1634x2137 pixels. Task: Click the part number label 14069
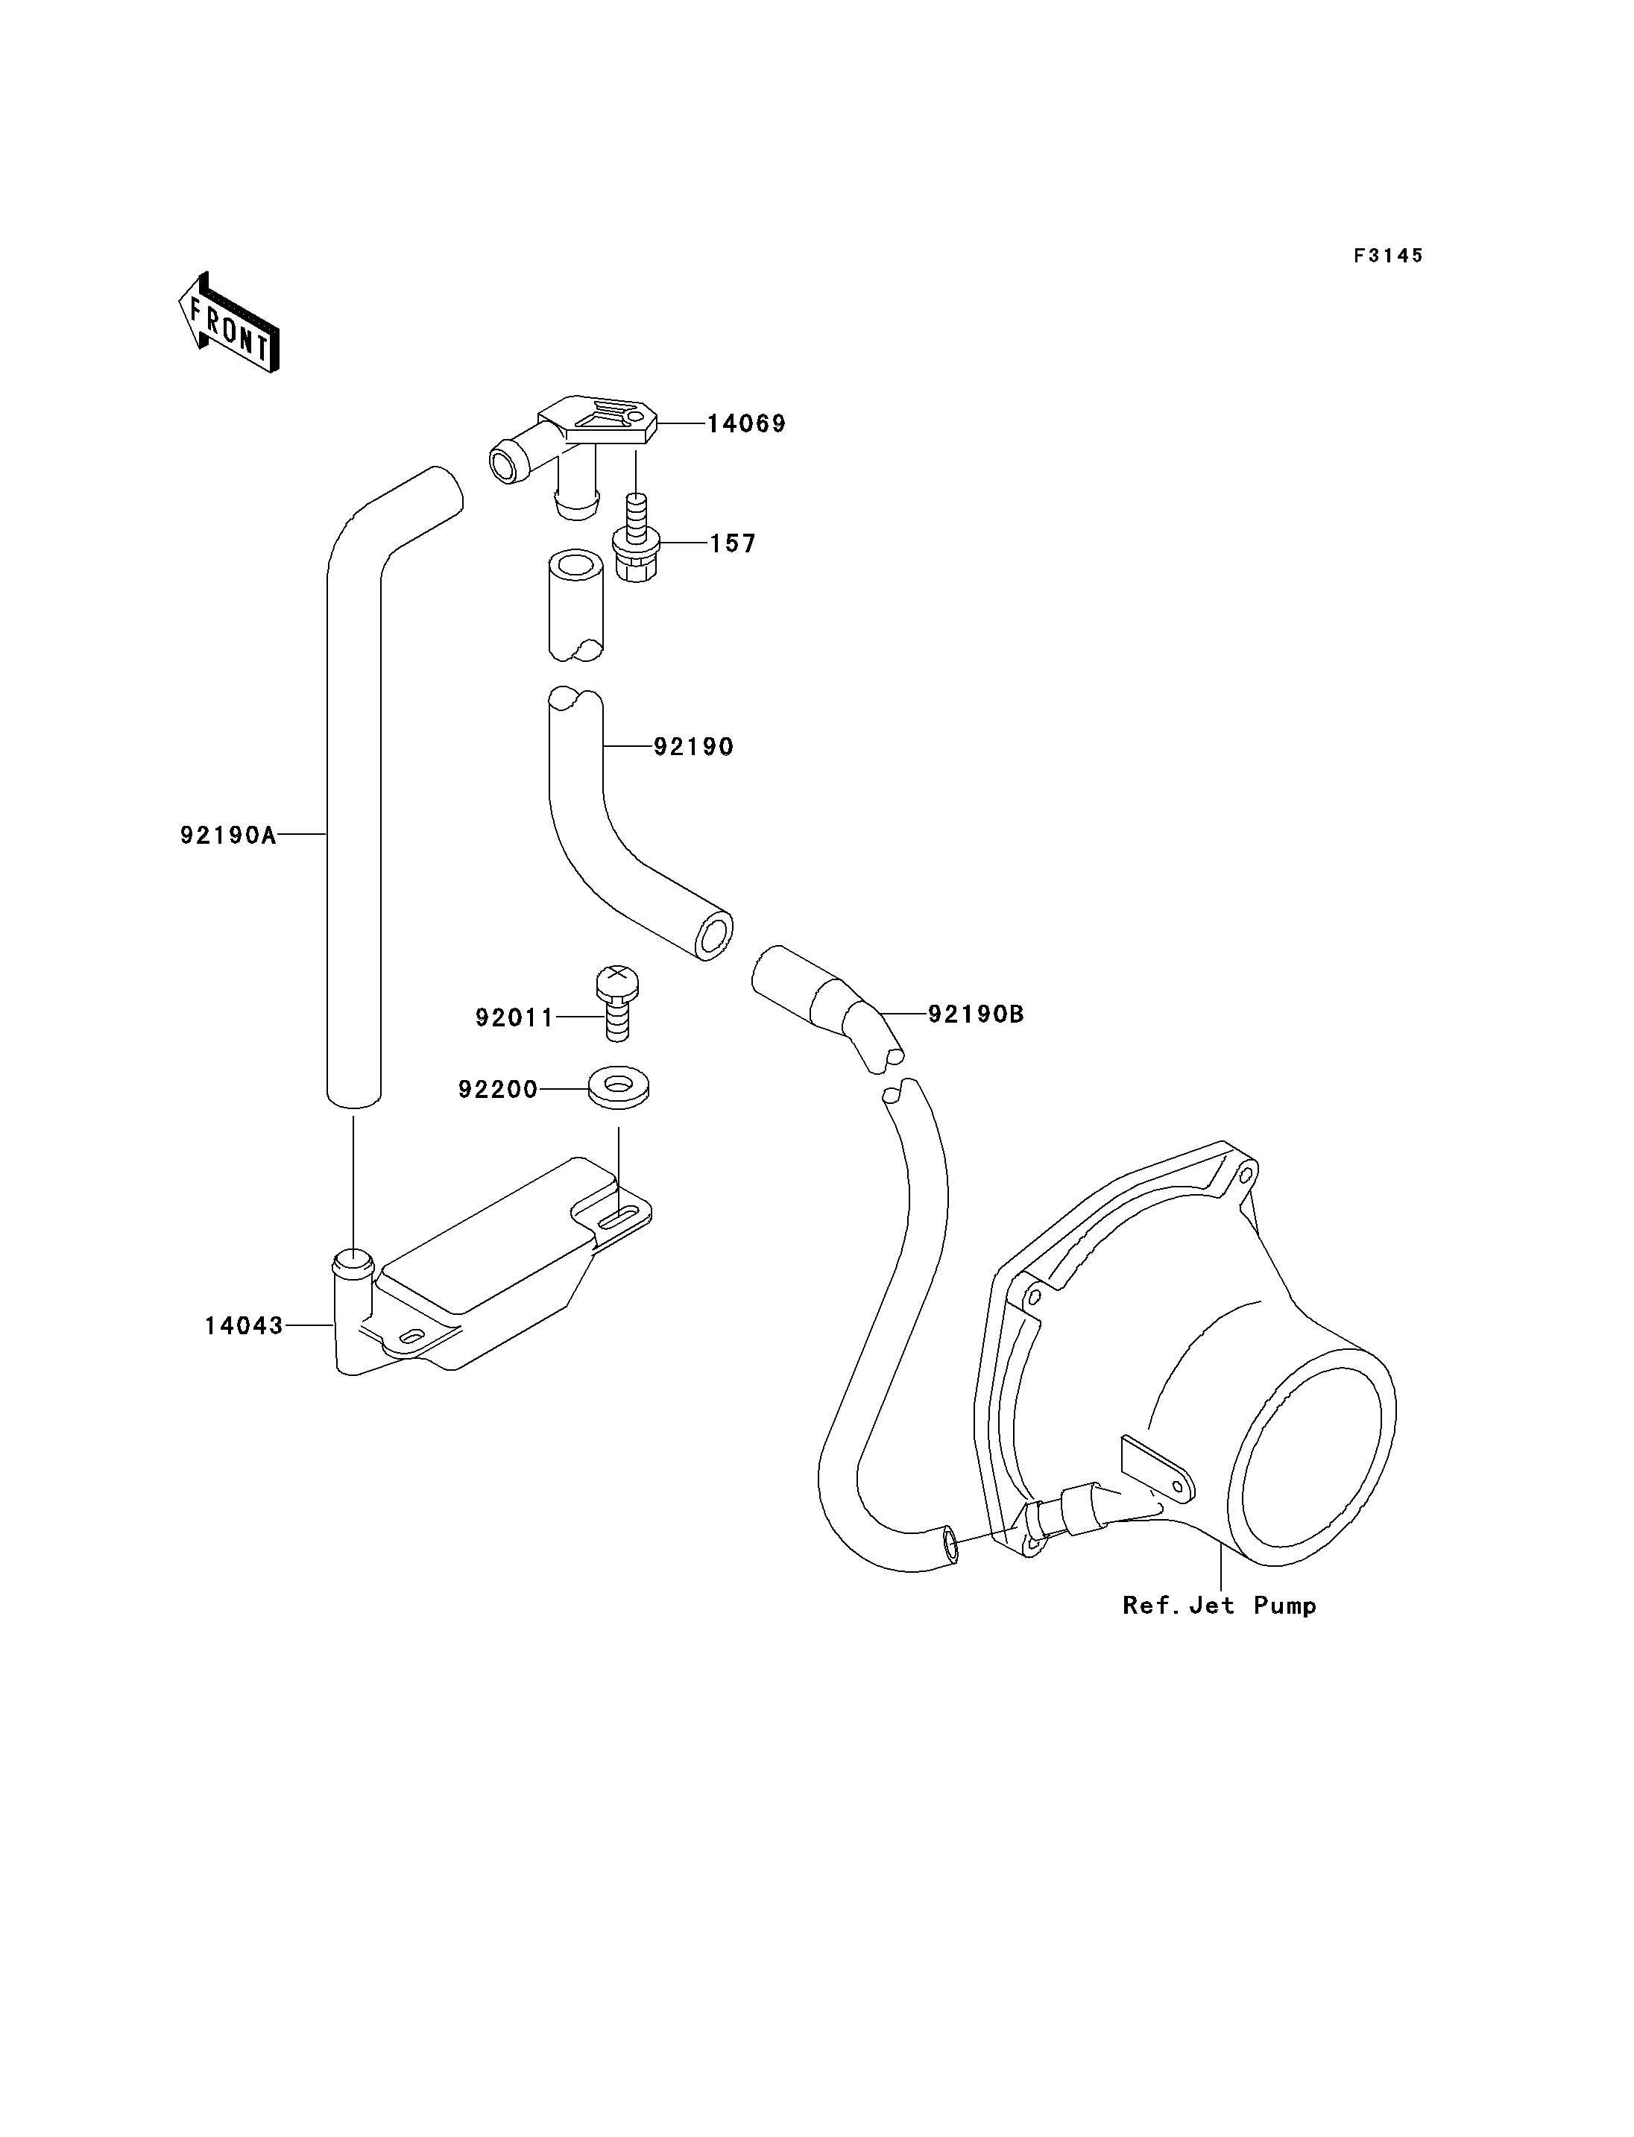(x=746, y=424)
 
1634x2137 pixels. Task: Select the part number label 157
(x=732, y=543)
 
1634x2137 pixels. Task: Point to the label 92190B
(x=976, y=1014)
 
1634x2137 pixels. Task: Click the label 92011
(x=514, y=1017)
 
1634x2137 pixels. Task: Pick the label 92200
(x=498, y=1090)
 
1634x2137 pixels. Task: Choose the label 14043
(x=243, y=1326)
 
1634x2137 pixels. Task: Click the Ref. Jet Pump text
(x=1220, y=1605)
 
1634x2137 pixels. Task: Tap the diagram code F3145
(x=1389, y=256)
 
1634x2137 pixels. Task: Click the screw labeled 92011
(x=616, y=1002)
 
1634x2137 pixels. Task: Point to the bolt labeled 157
(x=636, y=540)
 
